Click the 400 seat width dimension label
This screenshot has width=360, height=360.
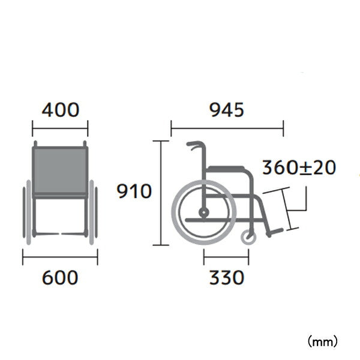click(x=61, y=110)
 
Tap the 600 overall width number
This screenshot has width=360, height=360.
click(x=60, y=277)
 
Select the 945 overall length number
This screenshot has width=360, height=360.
click(x=227, y=110)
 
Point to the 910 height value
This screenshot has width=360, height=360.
click(x=134, y=191)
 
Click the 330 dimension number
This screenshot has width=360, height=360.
click(x=227, y=277)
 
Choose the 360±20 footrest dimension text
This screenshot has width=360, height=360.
click(x=299, y=167)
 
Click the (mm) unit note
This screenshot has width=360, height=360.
click(x=323, y=342)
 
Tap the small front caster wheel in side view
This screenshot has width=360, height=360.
click(x=248, y=237)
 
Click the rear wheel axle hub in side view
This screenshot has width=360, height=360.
click(x=203, y=212)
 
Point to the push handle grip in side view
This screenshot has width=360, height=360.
click(x=193, y=144)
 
